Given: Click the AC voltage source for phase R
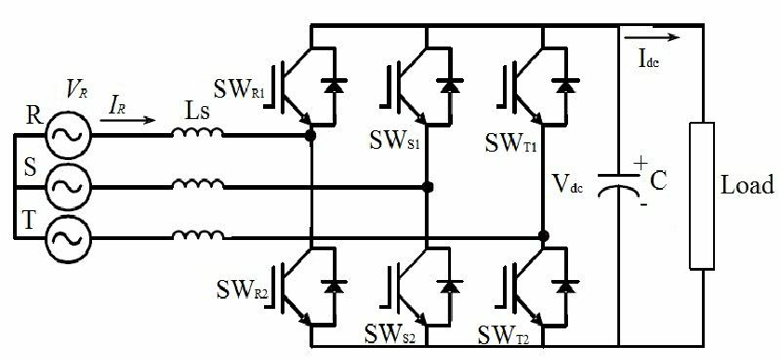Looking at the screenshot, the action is pyautogui.click(x=68, y=135).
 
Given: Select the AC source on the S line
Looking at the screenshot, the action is pyautogui.click(x=68, y=187).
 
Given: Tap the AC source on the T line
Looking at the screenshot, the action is pyautogui.click(x=68, y=238).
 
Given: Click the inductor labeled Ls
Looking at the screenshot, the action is pyautogui.click(x=198, y=132).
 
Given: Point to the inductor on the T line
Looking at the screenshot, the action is pyautogui.click(x=198, y=235).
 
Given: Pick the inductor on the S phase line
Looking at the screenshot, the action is pyautogui.click(x=198, y=184).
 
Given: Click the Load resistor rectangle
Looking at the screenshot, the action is pyautogui.click(x=702, y=195).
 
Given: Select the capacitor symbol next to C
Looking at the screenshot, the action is pyautogui.click(x=618, y=183).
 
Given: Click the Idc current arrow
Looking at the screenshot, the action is pyautogui.click(x=652, y=37).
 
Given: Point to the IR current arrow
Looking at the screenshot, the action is pyautogui.click(x=128, y=120).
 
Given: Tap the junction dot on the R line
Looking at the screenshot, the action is pyautogui.click(x=311, y=135).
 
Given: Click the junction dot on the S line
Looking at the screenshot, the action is pyautogui.click(x=428, y=187).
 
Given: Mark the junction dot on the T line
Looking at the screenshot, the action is pyautogui.click(x=544, y=235).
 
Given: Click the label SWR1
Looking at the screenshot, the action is pyautogui.click(x=239, y=89).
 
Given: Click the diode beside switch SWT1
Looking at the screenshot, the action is pyautogui.click(x=564, y=86).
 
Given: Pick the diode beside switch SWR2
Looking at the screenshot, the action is pyautogui.click(x=334, y=287).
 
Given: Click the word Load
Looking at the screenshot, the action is pyautogui.click(x=747, y=185).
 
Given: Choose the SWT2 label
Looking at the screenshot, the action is pyautogui.click(x=503, y=335).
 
